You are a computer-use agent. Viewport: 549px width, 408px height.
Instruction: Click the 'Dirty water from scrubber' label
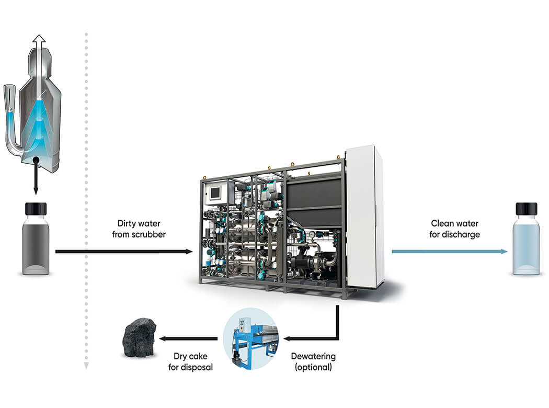click(x=139, y=229)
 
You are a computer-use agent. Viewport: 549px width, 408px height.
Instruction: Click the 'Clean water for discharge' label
click(x=454, y=229)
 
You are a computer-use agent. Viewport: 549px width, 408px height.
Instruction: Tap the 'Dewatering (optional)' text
click(x=313, y=361)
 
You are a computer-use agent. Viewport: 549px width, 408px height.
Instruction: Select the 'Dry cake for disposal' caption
click(x=193, y=361)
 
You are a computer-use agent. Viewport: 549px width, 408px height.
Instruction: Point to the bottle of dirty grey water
click(x=36, y=243)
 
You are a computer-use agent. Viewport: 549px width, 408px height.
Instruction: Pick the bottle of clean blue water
click(x=527, y=243)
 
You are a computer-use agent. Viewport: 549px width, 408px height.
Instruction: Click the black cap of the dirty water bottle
click(x=36, y=208)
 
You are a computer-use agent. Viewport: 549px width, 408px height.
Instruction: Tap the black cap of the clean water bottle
click(x=527, y=208)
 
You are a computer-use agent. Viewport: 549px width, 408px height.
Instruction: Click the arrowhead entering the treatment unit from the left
click(x=189, y=252)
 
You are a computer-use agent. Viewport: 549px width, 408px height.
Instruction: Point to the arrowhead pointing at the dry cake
click(x=163, y=339)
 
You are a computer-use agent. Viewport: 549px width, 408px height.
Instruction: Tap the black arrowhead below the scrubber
click(x=36, y=192)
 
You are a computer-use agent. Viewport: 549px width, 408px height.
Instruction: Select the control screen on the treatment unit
click(x=215, y=192)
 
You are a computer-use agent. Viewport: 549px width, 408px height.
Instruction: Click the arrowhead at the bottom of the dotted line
click(x=86, y=366)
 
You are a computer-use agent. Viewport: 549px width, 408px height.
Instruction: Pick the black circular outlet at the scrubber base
click(x=36, y=161)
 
